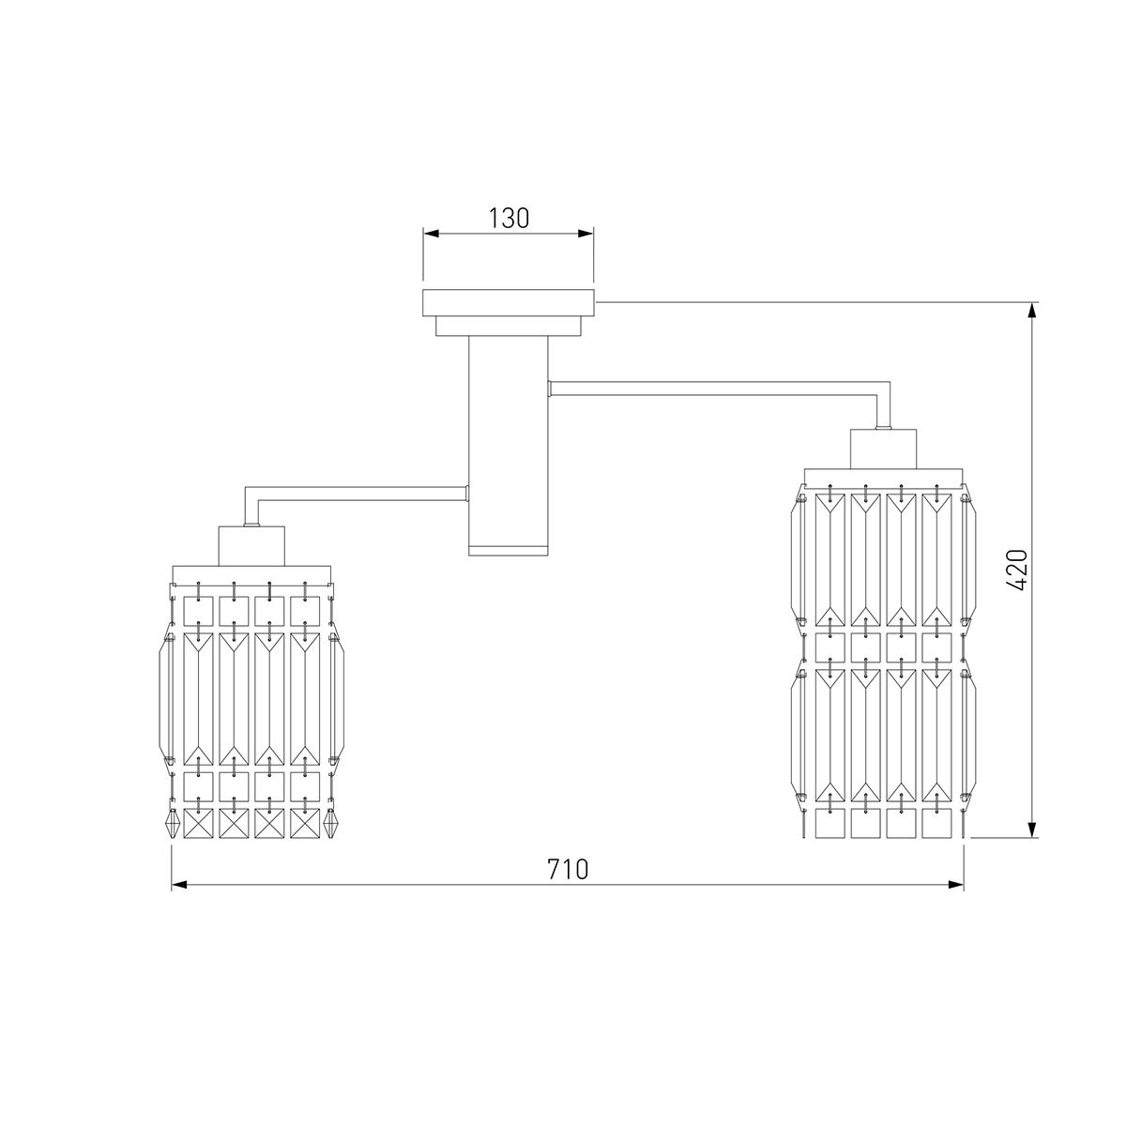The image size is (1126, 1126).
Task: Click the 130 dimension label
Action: pyautogui.click(x=509, y=218)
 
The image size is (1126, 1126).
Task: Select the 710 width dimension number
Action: pyautogui.click(x=568, y=869)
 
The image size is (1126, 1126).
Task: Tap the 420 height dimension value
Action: pyautogui.click(x=1018, y=570)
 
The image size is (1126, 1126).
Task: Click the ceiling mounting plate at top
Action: pyautogui.click(x=509, y=303)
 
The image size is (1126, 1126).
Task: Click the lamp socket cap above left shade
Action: pyautogui.click(x=251, y=545)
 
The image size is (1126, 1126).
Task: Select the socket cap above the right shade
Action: pyautogui.click(x=883, y=449)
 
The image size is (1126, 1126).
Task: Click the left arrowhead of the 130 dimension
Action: pyautogui.click(x=432, y=234)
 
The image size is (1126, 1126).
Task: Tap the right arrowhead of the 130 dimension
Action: pyautogui.click(x=586, y=234)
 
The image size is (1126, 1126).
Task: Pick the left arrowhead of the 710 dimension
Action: pyautogui.click(x=179, y=885)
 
